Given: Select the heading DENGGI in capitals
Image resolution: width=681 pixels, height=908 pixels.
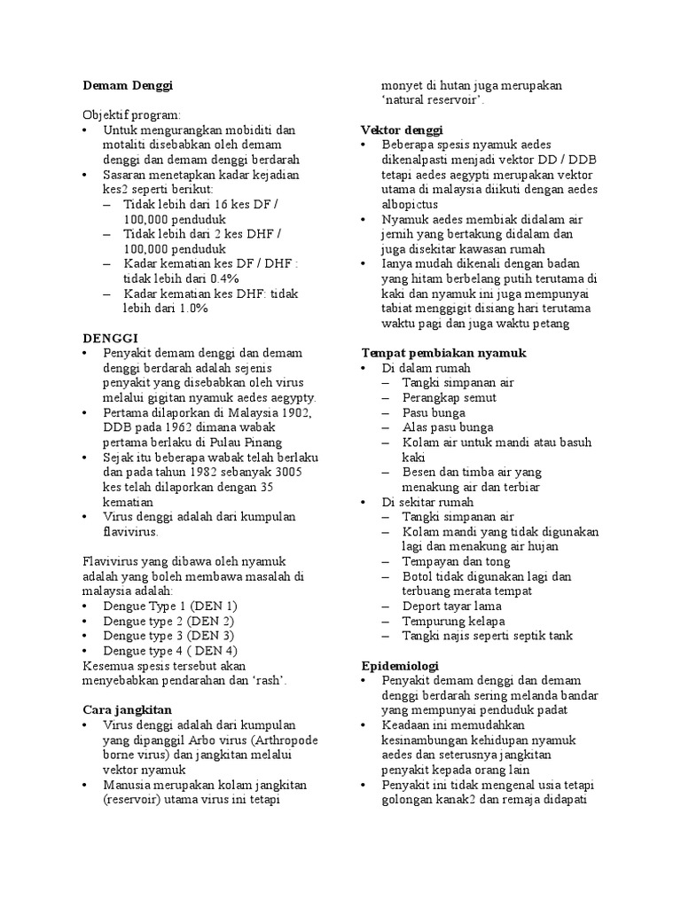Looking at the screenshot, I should pos(111,338).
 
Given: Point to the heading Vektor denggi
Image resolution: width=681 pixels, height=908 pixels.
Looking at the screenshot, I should pos(395,130).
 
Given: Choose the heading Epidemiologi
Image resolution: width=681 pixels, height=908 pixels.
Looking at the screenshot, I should pos(400,665).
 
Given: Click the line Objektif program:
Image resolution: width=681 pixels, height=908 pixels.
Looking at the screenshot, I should pos(130,115).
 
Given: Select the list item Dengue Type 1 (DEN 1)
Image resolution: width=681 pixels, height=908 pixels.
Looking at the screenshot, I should pos(170,606).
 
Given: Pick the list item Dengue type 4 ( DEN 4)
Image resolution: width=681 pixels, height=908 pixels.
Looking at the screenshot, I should pos(171,650).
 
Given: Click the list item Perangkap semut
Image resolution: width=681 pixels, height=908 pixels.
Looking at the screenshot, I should pos(449,397).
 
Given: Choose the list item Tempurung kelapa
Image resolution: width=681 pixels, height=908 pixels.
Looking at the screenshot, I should pos(450,621).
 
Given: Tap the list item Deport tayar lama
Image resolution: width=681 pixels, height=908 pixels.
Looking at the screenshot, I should pos(451,606).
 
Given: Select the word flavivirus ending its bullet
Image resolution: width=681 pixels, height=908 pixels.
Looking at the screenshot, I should pos(130,531).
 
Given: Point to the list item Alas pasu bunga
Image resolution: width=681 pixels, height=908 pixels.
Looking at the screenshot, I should pos(448,427).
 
